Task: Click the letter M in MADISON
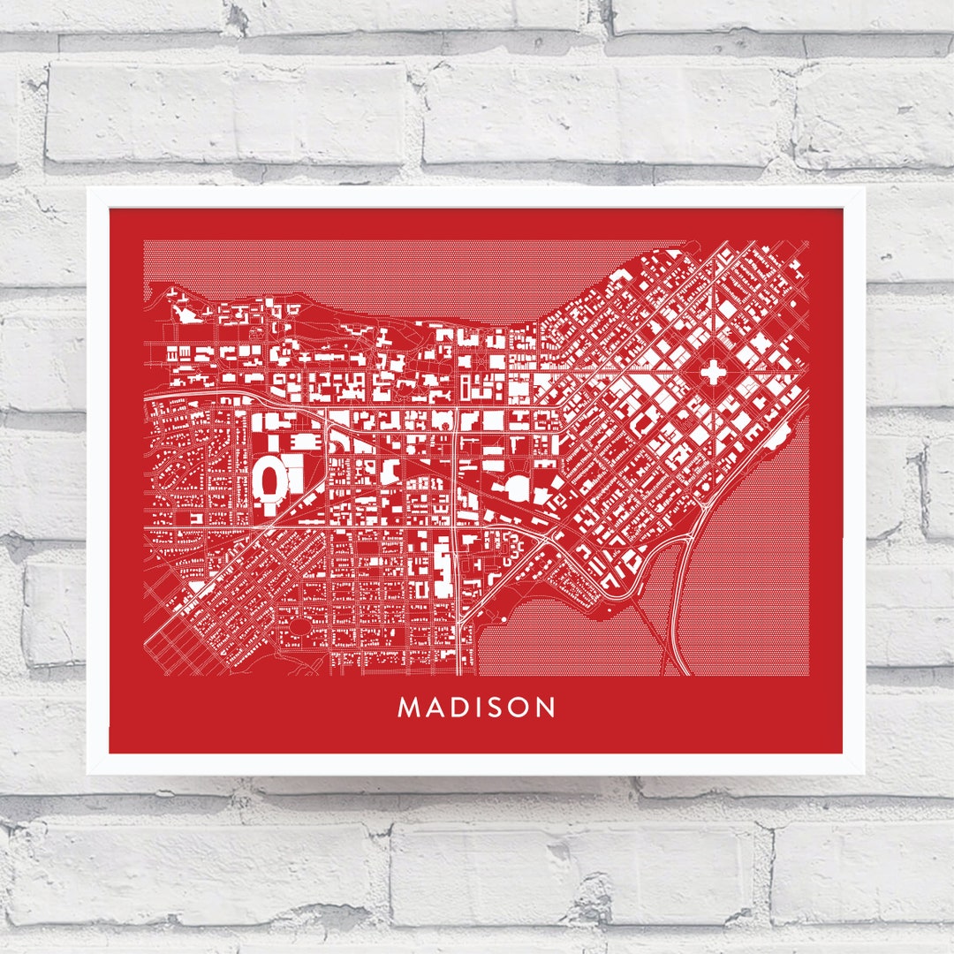(409, 708)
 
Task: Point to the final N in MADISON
(545, 708)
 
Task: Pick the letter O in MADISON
(519, 708)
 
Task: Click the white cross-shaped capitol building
(712, 372)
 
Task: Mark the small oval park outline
(300, 626)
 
